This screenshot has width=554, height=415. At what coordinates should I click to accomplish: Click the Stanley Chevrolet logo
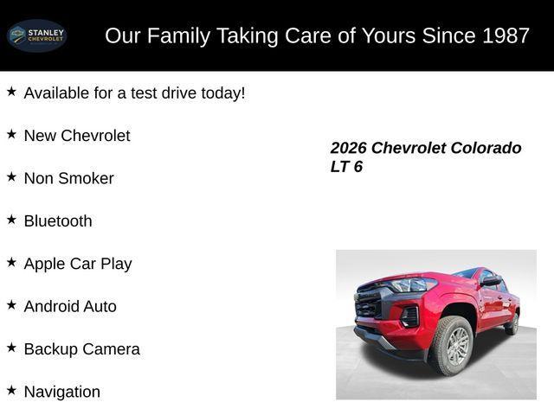(36, 35)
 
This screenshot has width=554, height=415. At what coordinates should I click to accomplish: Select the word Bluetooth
(58, 220)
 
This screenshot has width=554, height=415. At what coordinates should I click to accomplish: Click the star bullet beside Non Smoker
(11, 176)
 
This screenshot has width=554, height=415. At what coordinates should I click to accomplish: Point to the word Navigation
(62, 392)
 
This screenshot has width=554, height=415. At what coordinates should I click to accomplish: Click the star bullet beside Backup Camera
(11, 347)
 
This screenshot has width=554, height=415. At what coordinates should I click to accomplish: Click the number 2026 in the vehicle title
(348, 148)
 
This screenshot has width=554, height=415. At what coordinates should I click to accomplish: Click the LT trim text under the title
(339, 167)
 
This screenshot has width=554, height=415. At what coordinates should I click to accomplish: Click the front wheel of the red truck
(451, 346)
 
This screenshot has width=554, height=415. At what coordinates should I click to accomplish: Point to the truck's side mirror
(492, 281)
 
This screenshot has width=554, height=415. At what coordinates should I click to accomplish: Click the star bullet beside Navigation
(11, 390)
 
